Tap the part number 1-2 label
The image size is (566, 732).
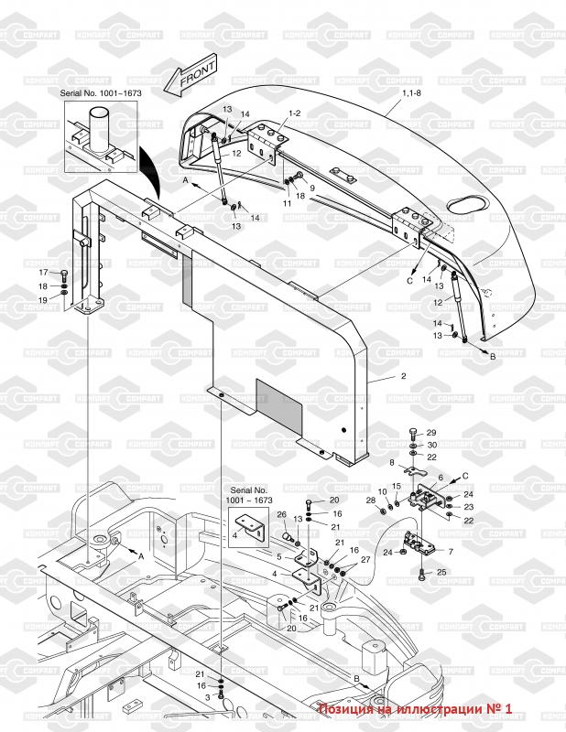click(x=294, y=113)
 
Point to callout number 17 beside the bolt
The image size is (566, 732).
click(x=42, y=273)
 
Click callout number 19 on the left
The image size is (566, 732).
click(x=42, y=300)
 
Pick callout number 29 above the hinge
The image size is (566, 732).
click(x=431, y=432)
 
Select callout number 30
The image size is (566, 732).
click(x=431, y=445)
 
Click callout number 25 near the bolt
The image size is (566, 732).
click(x=443, y=573)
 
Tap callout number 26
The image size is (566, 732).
click(x=282, y=515)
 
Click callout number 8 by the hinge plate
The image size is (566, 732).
click(x=391, y=463)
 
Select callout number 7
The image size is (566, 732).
click(x=449, y=551)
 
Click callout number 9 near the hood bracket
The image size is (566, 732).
click(x=311, y=188)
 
